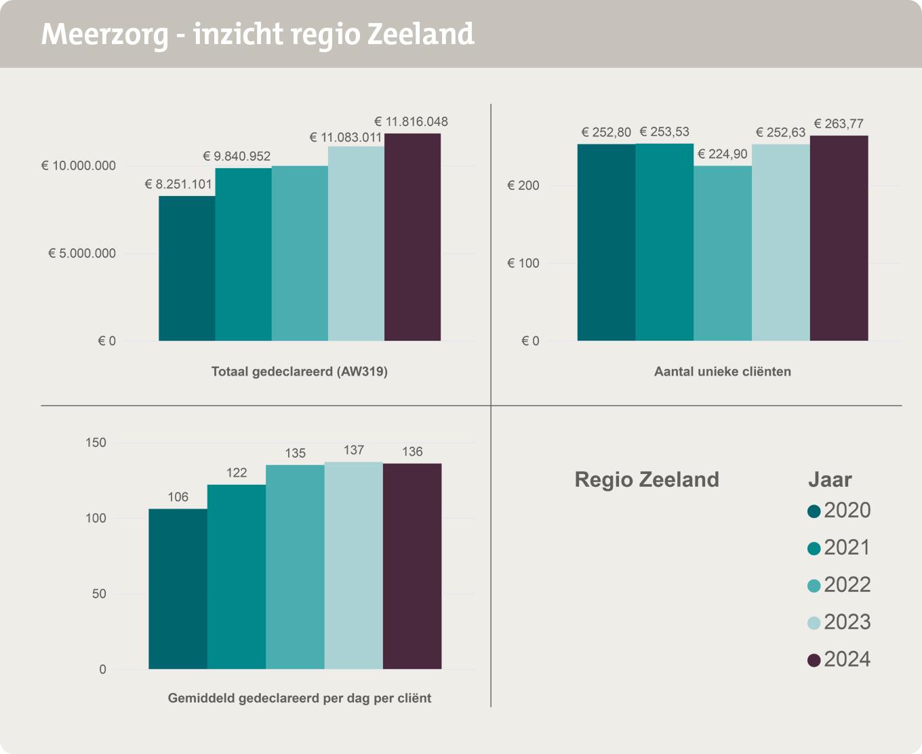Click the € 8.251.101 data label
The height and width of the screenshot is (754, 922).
pyautogui.click(x=178, y=184)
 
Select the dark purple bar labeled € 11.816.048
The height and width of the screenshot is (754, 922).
pyautogui.click(x=412, y=237)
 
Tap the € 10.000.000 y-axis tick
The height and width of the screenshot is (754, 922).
pyautogui.click(x=79, y=165)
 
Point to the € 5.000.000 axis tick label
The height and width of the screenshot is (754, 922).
pyautogui.click(x=82, y=253)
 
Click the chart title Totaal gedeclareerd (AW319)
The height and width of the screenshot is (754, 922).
pyautogui.click(x=300, y=372)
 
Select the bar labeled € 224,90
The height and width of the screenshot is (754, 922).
pyautogui.click(x=723, y=253)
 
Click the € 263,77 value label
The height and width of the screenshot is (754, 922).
pyautogui.click(x=839, y=124)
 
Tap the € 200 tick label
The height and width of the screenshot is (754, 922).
pyautogui.click(x=523, y=185)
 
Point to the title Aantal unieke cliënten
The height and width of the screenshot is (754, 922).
pyautogui.click(x=722, y=372)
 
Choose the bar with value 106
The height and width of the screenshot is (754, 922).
pyautogui.click(x=178, y=589)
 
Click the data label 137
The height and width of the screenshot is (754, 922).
pyautogui.click(x=354, y=450)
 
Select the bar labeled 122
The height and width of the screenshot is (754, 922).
pyautogui.click(x=237, y=576)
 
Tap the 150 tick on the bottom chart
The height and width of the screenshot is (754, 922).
pyautogui.click(x=96, y=443)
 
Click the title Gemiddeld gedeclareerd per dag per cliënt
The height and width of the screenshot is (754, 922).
pyautogui.click(x=300, y=698)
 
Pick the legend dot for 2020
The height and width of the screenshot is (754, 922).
pyautogui.click(x=814, y=511)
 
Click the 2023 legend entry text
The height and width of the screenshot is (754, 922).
pyautogui.click(x=847, y=622)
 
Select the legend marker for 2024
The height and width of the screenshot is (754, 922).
pyautogui.click(x=814, y=660)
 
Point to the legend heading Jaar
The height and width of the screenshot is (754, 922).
pyautogui.click(x=830, y=480)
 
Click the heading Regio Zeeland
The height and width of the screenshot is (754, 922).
pyautogui.click(x=647, y=480)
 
